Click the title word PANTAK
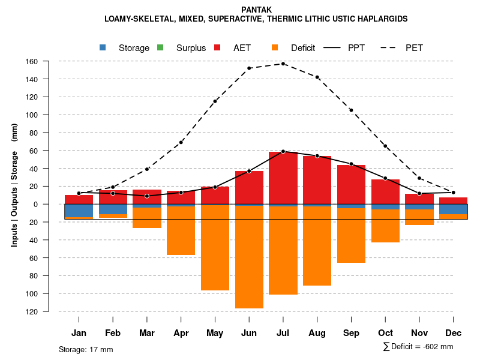tap(256, 10)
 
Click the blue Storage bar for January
tap(79, 211)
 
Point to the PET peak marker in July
tap(283, 64)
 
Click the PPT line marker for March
tap(147, 196)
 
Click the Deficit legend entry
tap(293, 48)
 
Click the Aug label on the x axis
tap(317, 333)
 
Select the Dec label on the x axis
tap(454, 333)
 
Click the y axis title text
tap(14, 185)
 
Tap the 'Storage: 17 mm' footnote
tap(86, 349)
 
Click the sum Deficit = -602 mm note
tap(418, 347)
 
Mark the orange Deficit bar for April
tap(181, 230)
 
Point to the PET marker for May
tap(215, 101)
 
